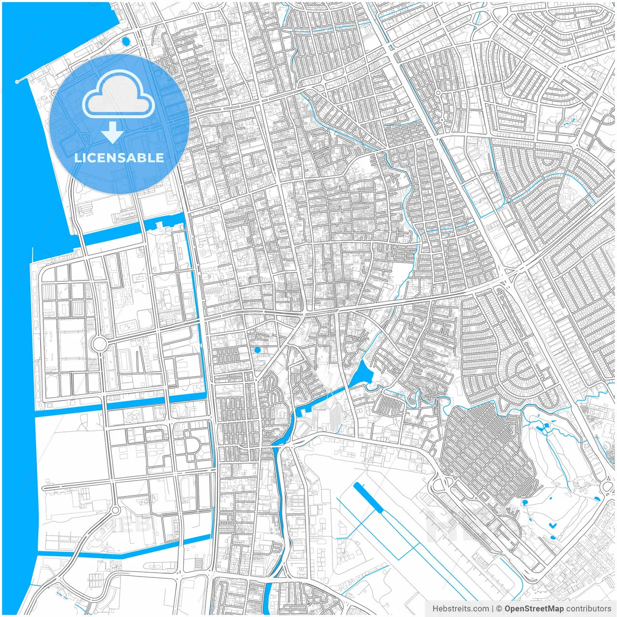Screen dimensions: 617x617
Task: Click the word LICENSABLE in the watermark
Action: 119,158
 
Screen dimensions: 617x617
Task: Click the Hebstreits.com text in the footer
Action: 460,609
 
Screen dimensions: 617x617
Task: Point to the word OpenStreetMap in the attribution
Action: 534,609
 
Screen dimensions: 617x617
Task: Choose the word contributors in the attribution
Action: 589,609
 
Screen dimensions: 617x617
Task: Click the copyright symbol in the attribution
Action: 499,609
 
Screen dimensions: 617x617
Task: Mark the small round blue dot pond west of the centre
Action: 257,350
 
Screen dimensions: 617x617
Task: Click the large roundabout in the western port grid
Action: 99,344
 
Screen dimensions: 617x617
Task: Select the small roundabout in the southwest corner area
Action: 115,510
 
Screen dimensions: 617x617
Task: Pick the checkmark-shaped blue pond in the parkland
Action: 552,525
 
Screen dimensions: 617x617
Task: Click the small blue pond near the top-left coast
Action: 126,41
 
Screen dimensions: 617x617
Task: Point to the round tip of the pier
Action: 17,81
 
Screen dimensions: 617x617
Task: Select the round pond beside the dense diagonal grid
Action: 524,503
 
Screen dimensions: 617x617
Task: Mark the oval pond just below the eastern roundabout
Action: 597,498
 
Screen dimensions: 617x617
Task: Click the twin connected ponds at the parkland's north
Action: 542,427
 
